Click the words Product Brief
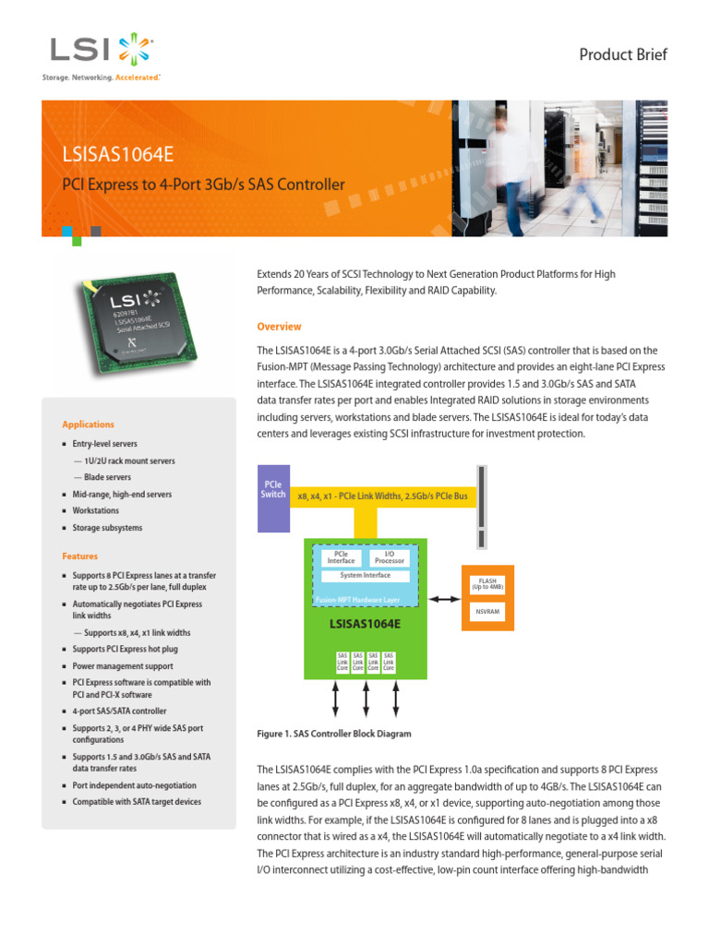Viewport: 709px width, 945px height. click(622, 54)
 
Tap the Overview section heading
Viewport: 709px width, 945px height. click(279, 327)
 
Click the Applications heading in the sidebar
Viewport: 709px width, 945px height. click(88, 425)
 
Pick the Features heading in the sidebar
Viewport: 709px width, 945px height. click(79, 556)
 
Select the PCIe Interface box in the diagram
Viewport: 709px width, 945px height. click(341, 557)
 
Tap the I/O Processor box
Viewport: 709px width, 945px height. click(389, 557)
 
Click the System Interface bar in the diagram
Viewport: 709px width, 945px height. click(365, 575)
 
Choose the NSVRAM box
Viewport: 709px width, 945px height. click(488, 612)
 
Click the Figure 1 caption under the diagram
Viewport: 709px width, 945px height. click(333, 734)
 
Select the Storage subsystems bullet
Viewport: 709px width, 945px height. click(107, 528)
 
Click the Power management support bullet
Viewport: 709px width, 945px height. click(122, 665)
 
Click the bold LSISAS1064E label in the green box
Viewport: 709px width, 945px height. click(365, 623)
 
